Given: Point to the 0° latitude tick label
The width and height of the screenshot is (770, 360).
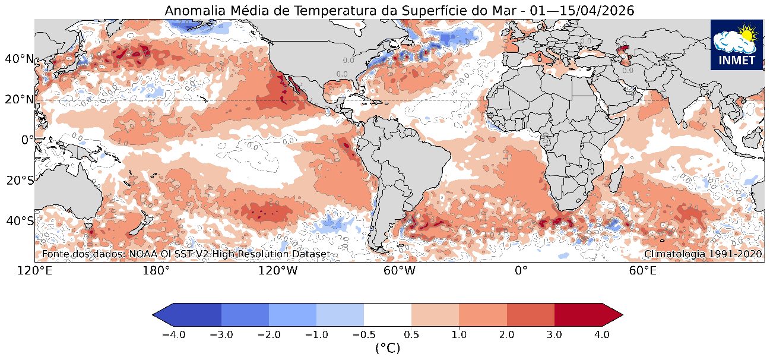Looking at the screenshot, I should pos(27,140).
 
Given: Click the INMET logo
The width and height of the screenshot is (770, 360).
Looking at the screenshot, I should pos(736,45).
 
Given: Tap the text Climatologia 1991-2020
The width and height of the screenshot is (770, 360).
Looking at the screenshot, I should pos(703,254).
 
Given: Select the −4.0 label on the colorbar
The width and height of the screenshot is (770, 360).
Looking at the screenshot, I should pos(173,334).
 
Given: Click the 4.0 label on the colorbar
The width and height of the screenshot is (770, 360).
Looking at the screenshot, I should pos(601,334).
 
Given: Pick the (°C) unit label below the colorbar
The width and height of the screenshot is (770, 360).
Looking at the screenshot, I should pos(388,349).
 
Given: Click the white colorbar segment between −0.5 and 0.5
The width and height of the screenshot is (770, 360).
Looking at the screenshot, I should pos(388,312).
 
